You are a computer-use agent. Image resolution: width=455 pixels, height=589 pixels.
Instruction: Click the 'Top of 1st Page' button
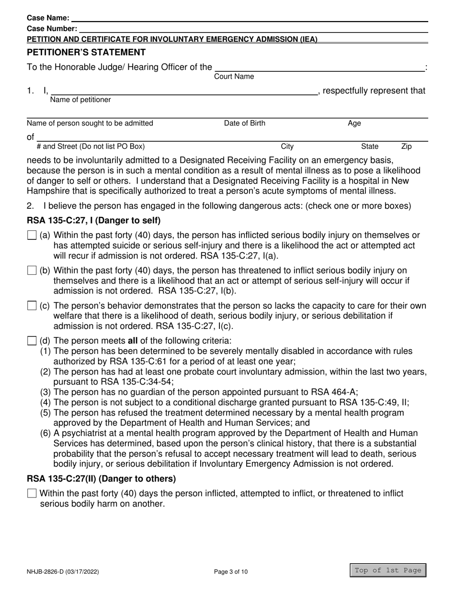pyautogui.click(x=388, y=570)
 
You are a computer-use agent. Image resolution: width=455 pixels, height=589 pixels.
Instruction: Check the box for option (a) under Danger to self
pyautogui.click(x=32, y=235)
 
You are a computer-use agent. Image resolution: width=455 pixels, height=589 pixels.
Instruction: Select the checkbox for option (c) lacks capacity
pyautogui.click(x=32, y=306)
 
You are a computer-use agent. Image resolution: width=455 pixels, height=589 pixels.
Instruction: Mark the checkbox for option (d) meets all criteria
pyautogui.click(x=32, y=341)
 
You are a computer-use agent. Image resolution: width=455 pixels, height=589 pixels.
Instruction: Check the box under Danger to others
pyautogui.click(x=32, y=494)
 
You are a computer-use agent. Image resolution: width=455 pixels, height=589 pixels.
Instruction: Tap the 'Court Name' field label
pyautogui.click(x=234, y=77)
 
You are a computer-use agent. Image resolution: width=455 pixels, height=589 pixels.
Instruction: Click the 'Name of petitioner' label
pyautogui.click(x=80, y=100)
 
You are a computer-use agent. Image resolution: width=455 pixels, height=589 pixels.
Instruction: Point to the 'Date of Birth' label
pyautogui.click(x=245, y=123)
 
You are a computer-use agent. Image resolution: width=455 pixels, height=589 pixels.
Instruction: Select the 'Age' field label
pyautogui.click(x=354, y=123)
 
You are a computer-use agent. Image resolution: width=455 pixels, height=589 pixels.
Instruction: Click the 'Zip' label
pyautogui.click(x=406, y=147)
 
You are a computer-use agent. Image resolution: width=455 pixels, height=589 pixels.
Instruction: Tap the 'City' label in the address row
pyautogui.click(x=287, y=147)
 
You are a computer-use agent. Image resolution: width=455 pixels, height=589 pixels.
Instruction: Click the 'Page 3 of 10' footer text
pyautogui.click(x=231, y=571)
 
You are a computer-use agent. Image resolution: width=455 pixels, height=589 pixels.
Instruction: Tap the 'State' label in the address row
pyautogui.click(x=370, y=147)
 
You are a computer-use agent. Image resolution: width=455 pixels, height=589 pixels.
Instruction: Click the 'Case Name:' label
pyautogui.click(x=48, y=18)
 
